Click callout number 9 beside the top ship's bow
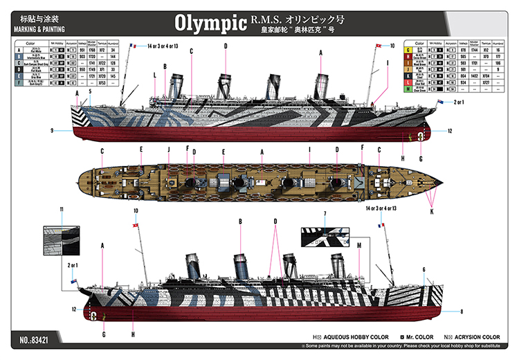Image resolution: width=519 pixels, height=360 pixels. click(51, 130)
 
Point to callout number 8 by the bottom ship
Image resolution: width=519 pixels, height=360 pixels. click(461, 311)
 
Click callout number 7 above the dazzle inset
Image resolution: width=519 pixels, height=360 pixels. click(323, 213)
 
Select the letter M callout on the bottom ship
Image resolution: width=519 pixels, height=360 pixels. click(359, 245)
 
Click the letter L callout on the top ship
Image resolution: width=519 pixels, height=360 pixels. click(154, 75)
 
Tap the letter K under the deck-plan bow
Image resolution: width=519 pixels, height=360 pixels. click(432, 212)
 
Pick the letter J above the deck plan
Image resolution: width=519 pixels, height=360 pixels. click(167, 149)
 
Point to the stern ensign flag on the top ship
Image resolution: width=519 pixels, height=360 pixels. click(440, 102)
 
